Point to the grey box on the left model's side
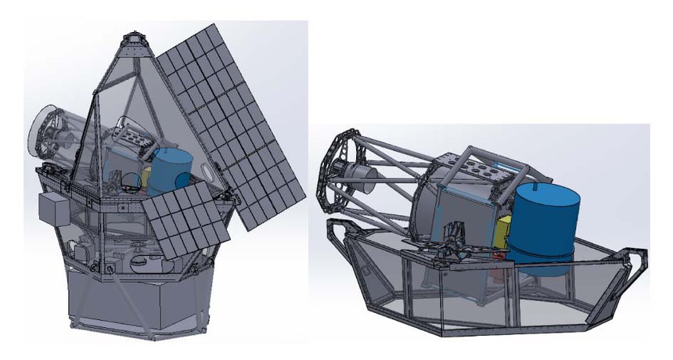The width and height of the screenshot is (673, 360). (x=54, y=209)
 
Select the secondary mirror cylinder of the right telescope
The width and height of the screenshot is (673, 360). (x=357, y=173)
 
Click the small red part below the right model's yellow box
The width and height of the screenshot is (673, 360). (x=498, y=275)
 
